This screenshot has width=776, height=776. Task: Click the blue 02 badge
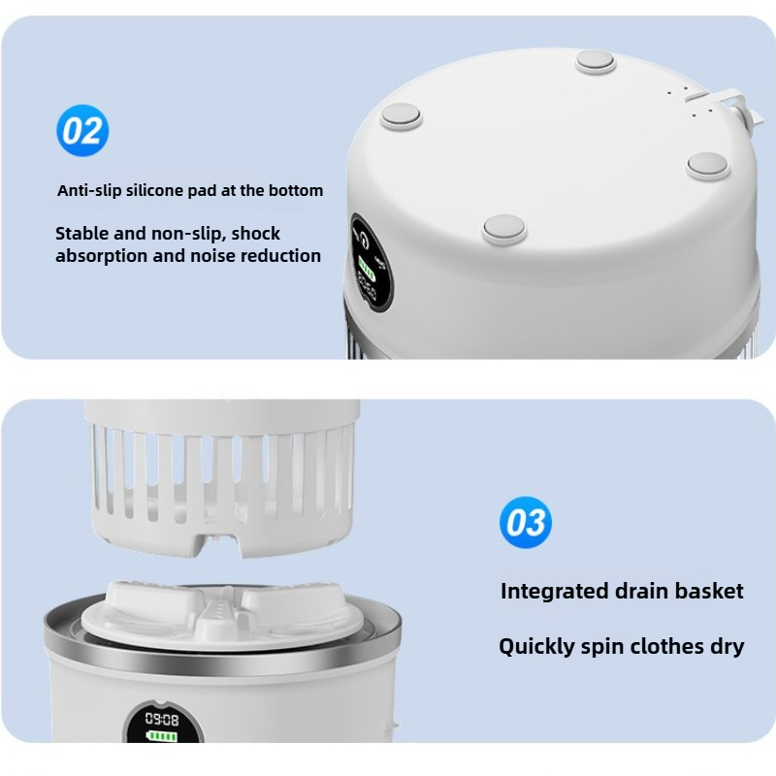coord(82,131)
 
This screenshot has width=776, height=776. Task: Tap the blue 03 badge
coord(526,523)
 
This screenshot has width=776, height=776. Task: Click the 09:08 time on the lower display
coord(161,719)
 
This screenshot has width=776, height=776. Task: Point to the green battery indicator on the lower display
coord(162,736)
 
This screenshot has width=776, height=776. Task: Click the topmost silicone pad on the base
coord(596,62)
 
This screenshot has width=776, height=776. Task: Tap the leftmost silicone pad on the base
coord(402,116)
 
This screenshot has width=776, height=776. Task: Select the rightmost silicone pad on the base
coord(708,165)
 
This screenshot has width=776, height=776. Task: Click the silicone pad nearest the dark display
coord(504,229)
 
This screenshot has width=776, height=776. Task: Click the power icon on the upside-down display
coord(363,241)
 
